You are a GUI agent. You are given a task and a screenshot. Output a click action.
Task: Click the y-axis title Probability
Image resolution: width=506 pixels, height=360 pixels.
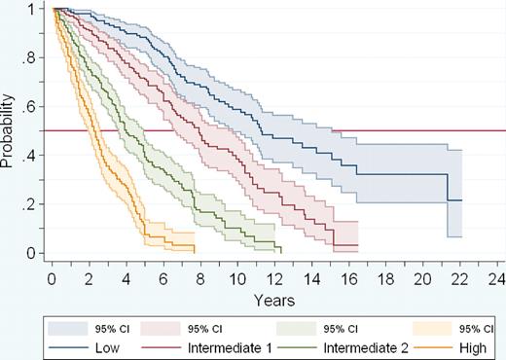[x=9, y=130]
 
